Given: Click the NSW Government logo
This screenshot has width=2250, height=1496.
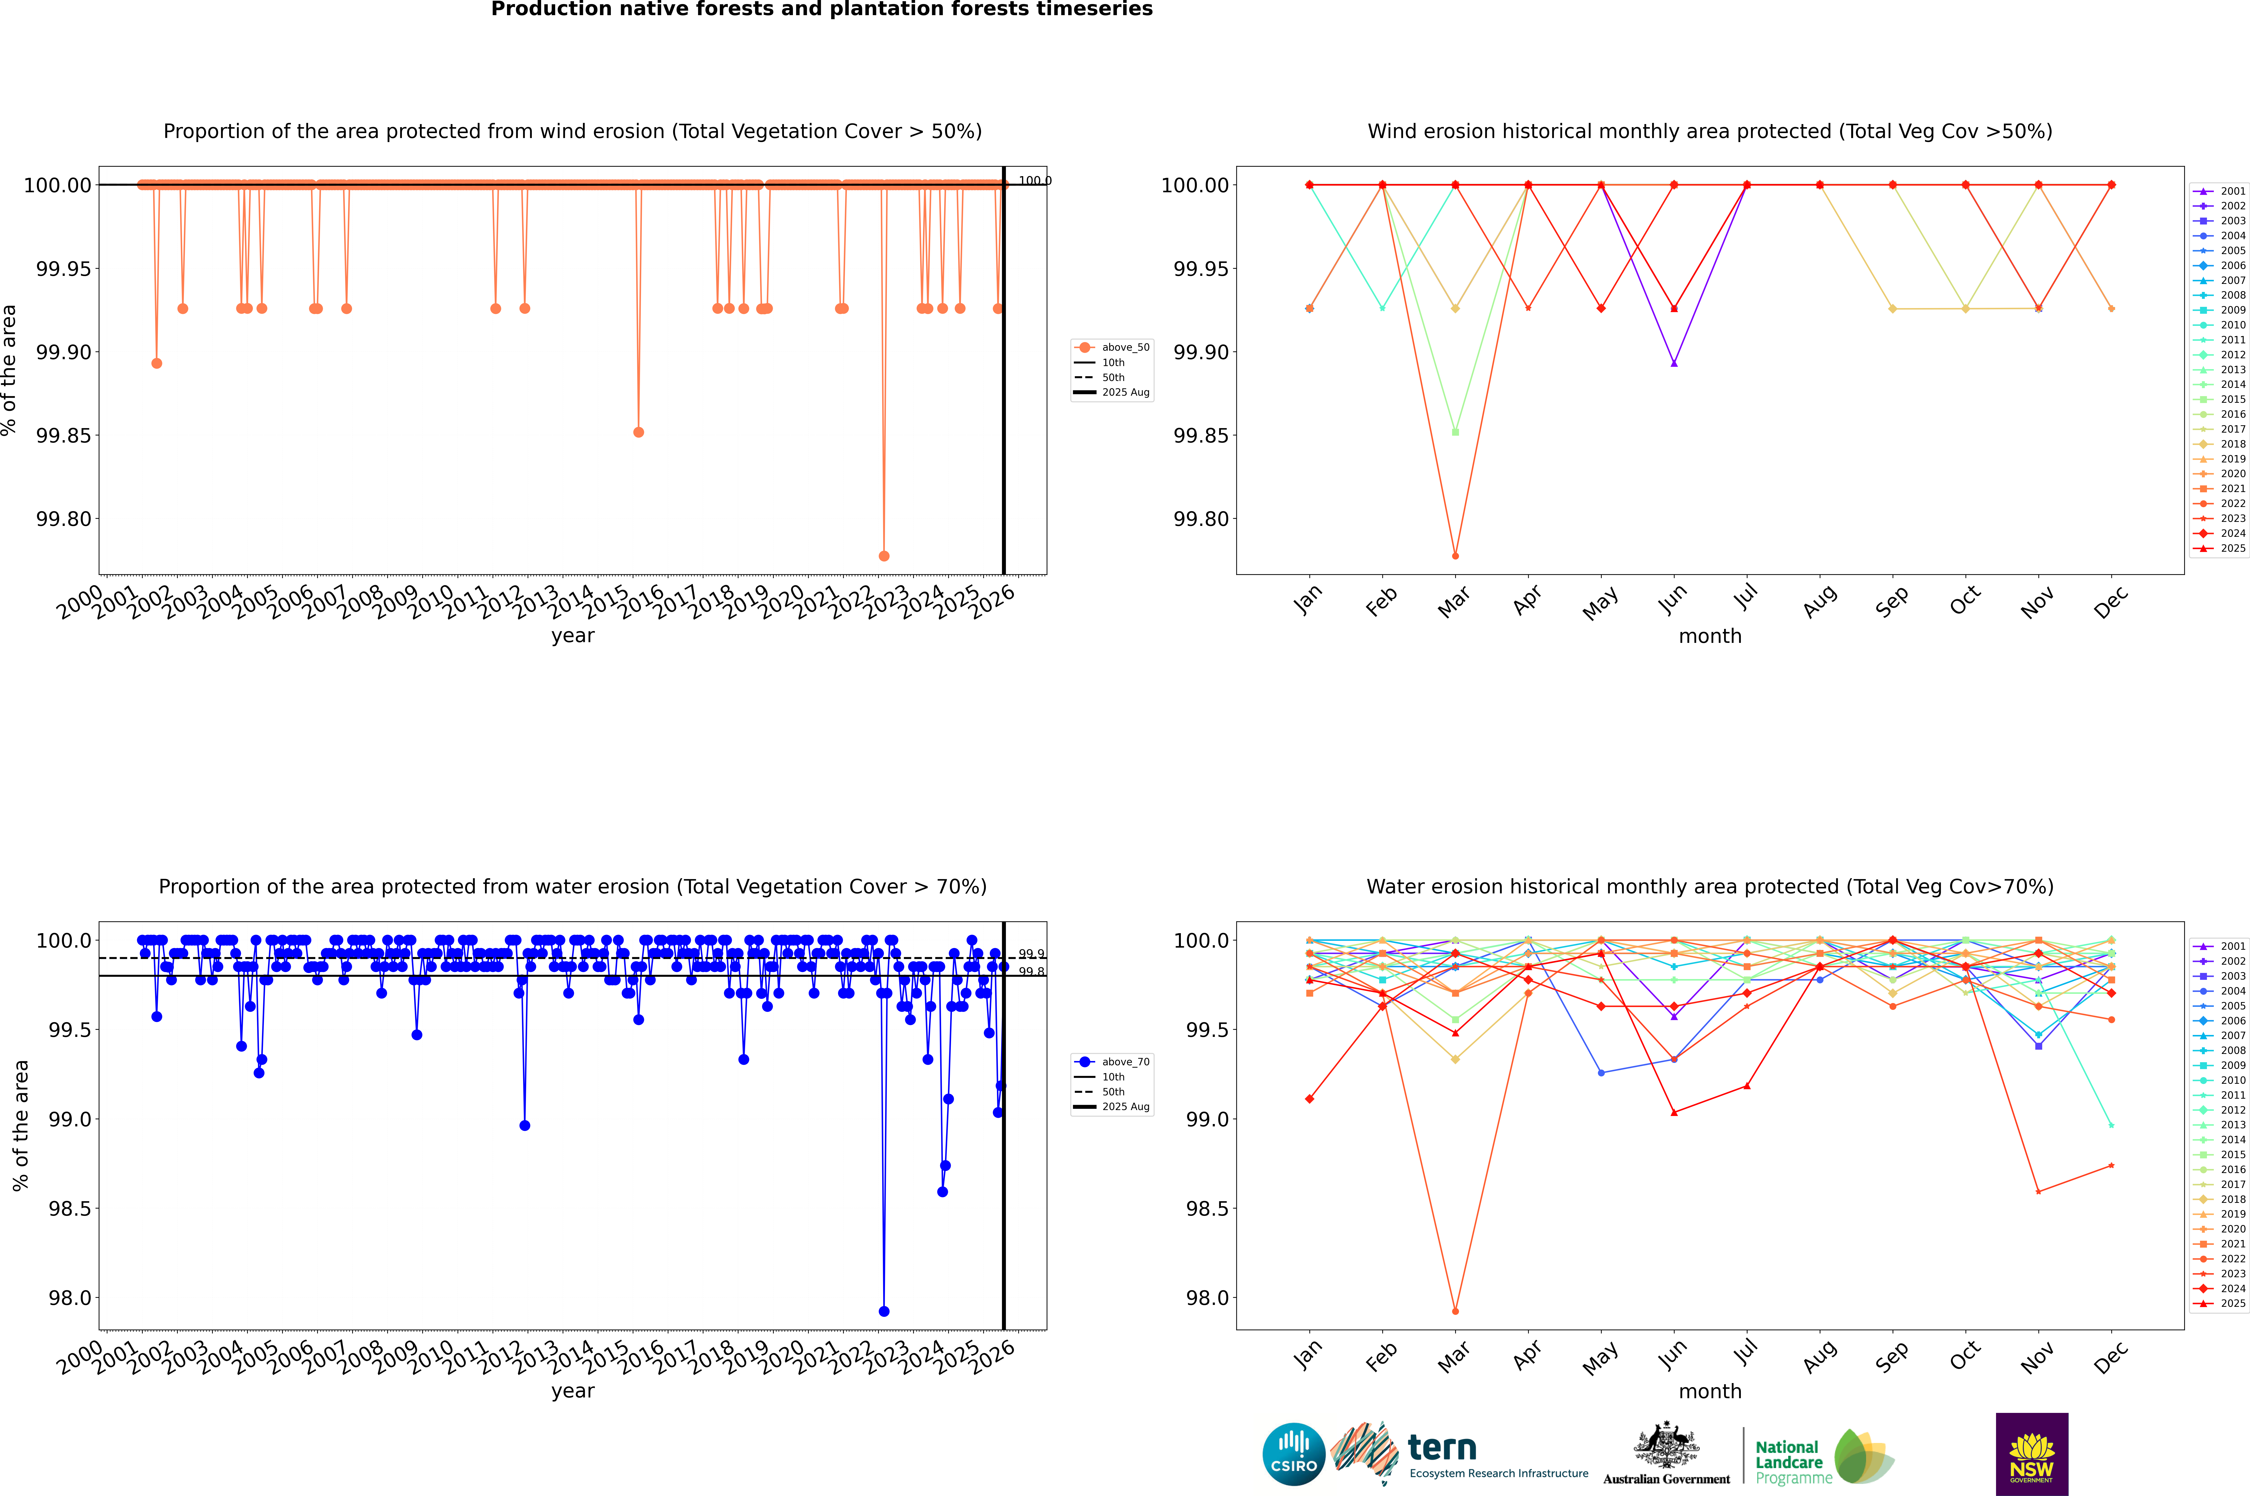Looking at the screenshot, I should pos(2032,1454).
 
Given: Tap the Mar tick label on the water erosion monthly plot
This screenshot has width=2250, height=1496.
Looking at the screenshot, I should pos(1454,1357).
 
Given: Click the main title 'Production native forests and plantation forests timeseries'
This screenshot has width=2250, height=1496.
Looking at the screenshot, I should pos(821,9).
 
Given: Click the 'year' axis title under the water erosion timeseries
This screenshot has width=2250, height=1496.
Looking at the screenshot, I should pos(572,1391).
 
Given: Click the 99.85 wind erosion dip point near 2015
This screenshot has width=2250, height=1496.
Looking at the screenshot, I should pos(638,432).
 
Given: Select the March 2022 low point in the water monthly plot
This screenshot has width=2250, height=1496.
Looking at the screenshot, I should pos(1454,1311).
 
